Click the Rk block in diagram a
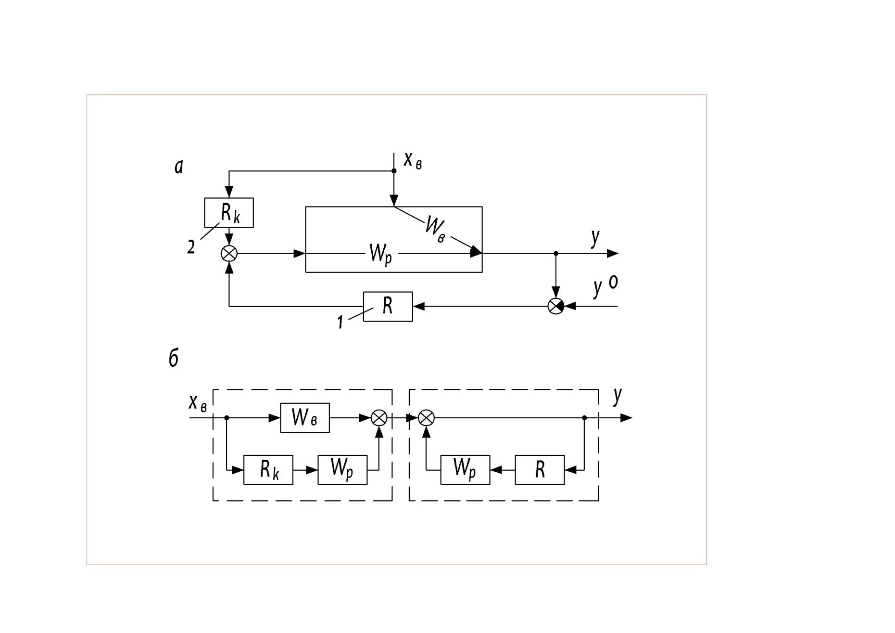point(229,212)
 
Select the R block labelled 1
point(388,306)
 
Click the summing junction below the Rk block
point(229,253)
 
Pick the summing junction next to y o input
point(556,306)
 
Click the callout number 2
point(191,247)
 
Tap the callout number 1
point(340,322)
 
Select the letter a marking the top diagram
point(179,167)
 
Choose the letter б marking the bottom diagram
point(174,359)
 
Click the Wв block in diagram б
point(305,418)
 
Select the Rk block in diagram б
point(268,469)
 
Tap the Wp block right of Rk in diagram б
point(342,469)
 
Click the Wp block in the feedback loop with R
point(465,469)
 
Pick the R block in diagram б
point(540,469)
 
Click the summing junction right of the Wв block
point(379,418)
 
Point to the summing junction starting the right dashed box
point(426,418)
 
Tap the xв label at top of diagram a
point(413,160)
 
